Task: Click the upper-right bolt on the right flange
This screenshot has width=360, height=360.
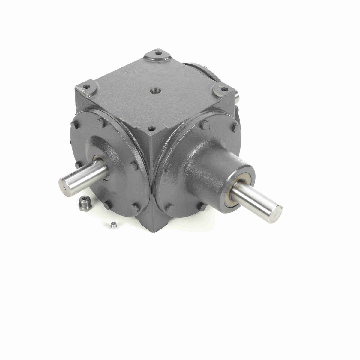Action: pyautogui.click(x=235, y=127)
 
